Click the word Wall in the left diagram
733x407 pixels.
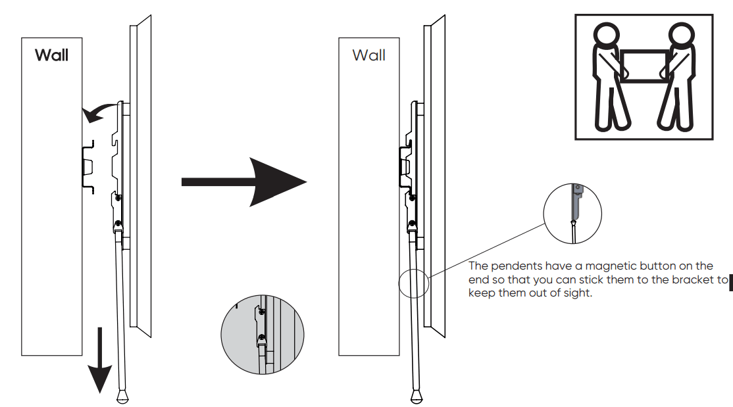click(x=51, y=55)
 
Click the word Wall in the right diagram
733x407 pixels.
click(x=368, y=55)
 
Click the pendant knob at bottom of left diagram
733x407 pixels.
click(x=123, y=397)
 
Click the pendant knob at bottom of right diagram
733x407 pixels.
click(x=416, y=397)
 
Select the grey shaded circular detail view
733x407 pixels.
click(x=263, y=333)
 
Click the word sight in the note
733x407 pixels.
click(x=578, y=293)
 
